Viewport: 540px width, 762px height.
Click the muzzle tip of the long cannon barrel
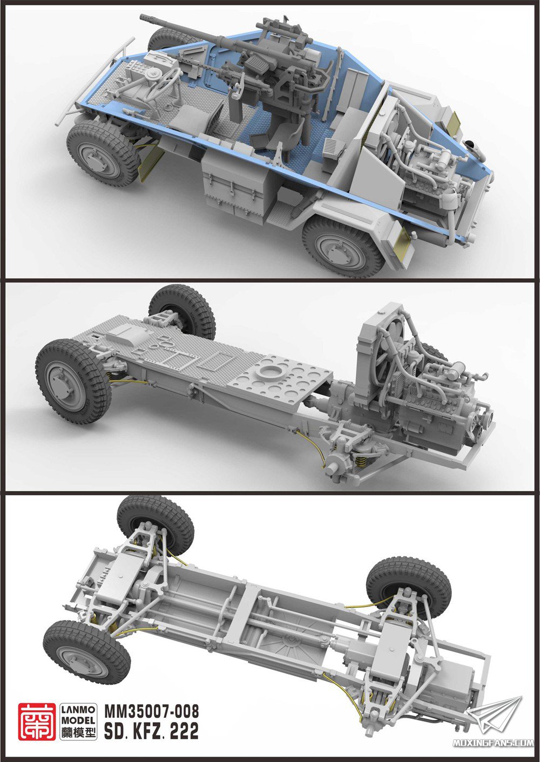pyautogui.click(x=143, y=17)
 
